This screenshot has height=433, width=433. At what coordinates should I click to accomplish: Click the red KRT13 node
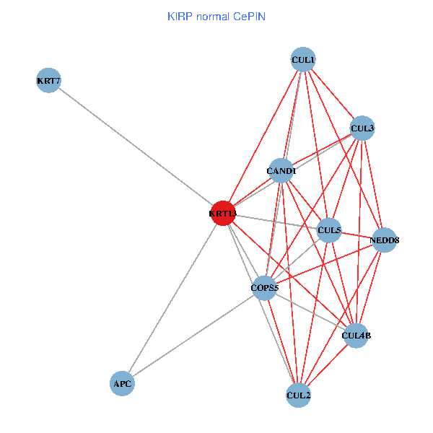[223, 214]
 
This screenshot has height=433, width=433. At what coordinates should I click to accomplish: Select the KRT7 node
[48, 80]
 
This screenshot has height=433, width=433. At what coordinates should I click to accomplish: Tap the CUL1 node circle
[303, 59]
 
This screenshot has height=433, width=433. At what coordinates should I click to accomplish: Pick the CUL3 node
[362, 128]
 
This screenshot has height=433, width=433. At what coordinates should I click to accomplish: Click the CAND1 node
[281, 171]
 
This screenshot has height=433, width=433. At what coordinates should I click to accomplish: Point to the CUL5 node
[329, 230]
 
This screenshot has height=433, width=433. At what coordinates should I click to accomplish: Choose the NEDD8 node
[385, 240]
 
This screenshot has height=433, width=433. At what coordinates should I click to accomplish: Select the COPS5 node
[264, 288]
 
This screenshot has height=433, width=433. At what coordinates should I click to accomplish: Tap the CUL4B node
[356, 336]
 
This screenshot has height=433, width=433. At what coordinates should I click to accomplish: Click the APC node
[122, 383]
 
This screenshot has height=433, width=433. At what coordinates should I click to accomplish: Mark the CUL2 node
[298, 395]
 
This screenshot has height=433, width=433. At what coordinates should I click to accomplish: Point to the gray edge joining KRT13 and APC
[172, 298]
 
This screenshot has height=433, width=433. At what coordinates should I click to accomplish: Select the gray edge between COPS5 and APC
[193, 336]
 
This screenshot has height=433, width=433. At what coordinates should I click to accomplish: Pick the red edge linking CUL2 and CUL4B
[327, 365]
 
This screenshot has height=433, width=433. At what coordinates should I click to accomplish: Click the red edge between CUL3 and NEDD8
[373, 184]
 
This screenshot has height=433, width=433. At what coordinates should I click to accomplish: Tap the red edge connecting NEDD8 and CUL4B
[370, 287]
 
